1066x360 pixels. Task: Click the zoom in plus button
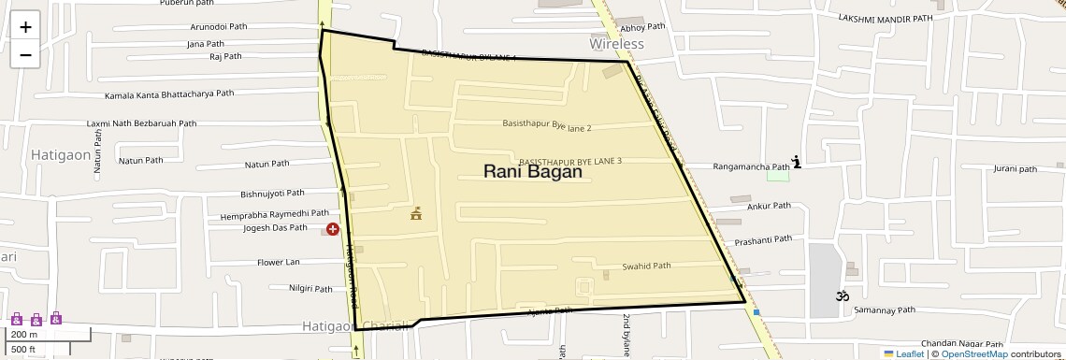pyautogui.click(x=25, y=27)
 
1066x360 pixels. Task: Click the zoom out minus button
pyautogui.click(x=25, y=54)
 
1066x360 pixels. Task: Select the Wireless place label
pyautogui.click(x=616, y=44)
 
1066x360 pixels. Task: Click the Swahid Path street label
pyautogui.click(x=646, y=266)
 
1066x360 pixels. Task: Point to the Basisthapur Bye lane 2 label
pyautogui.click(x=547, y=124)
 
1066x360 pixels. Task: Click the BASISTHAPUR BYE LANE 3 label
pyautogui.click(x=570, y=161)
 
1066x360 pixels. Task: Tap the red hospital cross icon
pyautogui.click(x=332, y=229)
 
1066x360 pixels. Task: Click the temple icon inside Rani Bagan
pyautogui.click(x=416, y=214)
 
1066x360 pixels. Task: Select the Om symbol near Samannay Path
pyautogui.click(x=841, y=296)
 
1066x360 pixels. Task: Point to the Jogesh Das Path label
pyautogui.click(x=275, y=227)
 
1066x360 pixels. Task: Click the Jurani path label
pyautogui.click(x=1016, y=169)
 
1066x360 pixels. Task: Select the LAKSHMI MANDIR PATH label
pyautogui.click(x=899, y=18)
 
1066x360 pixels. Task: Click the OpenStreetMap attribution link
pyautogui.click(x=973, y=353)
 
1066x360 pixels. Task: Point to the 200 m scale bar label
pyautogui.click(x=24, y=334)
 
